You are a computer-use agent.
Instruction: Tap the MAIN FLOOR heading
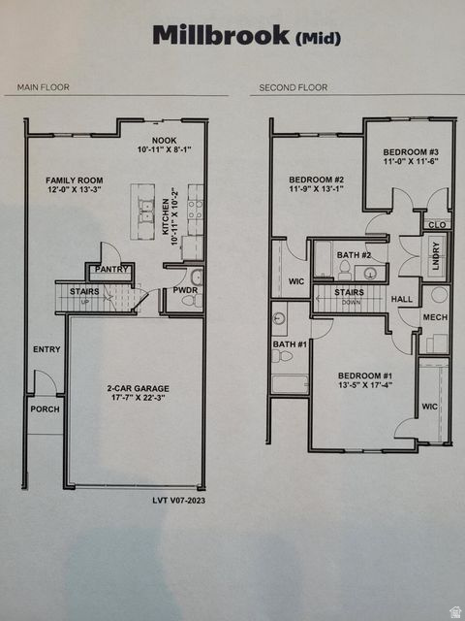(41, 87)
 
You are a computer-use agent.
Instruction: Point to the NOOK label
(165, 141)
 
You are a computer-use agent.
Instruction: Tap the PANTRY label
(111, 269)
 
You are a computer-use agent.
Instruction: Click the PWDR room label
(184, 289)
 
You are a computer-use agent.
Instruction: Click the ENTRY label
(46, 349)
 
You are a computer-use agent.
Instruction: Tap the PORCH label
(45, 409)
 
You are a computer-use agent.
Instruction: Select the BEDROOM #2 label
(316, 180)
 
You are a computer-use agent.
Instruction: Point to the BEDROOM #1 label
(364, 375)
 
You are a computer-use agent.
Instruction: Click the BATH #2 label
(348, 254)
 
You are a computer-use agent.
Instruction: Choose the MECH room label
(435, 316)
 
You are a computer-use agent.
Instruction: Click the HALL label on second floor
(401, 300)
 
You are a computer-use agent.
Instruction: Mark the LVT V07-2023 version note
(178, 500)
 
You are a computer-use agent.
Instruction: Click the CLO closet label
(437, 224)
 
